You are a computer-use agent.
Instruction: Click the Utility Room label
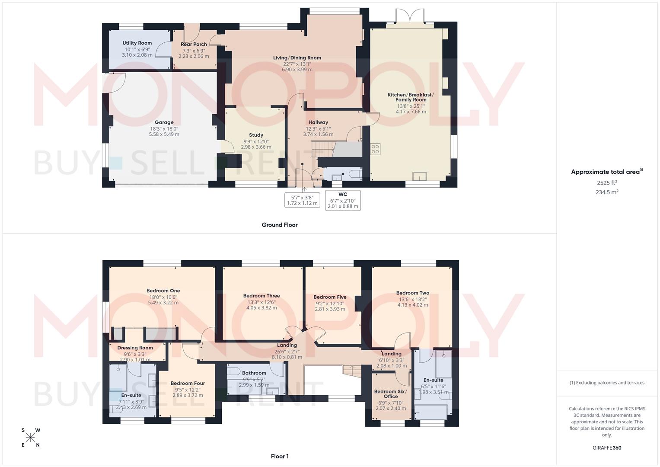click(137, 43)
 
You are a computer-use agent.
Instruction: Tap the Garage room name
click(164, 122)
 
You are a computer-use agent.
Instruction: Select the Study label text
click(256, 135)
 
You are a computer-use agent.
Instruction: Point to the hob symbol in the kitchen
click(375, 149)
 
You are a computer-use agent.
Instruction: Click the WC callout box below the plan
click(343, 200)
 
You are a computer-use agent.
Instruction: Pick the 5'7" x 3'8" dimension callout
click(302, 200)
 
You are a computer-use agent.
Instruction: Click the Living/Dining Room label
click(297, 58)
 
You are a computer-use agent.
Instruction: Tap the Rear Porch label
click(194, 44)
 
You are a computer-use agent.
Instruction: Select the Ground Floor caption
click(280, 225)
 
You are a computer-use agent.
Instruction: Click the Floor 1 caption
click(280, 456)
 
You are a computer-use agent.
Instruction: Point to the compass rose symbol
click(31, 438)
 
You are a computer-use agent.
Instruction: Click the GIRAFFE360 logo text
click(607, 448)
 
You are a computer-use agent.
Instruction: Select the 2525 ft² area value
click(607, 182)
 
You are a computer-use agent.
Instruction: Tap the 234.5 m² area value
click(607, 192)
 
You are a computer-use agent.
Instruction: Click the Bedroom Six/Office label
click(391, 394)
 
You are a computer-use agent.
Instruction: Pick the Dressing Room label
click(135, 348)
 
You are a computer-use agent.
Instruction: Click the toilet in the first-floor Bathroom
click(234, 371)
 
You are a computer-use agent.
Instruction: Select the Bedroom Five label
click(330, 297)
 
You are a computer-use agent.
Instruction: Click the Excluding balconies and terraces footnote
click(607, 383)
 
